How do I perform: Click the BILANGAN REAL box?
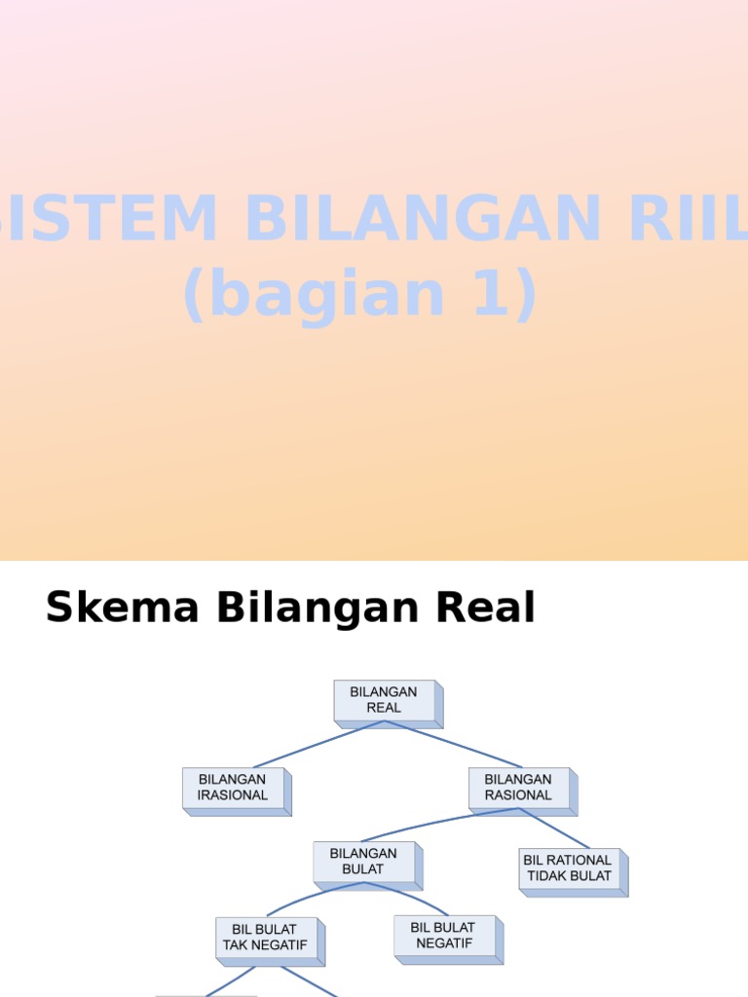tap(388, 704)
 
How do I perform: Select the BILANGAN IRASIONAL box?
tap(237, 792)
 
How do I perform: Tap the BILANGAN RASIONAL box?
tap(523, 792)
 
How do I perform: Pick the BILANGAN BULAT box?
tap(367, 866)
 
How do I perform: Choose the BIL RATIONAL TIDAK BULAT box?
tap(573, 872)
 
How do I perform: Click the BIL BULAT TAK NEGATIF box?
tap(271, 942)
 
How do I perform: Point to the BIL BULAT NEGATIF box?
tap(448, 940)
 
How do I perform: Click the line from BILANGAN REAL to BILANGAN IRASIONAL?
tap(318, 744)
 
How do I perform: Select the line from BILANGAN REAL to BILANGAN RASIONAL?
tap(453, 744)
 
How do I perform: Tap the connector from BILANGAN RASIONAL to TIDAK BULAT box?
tap(554, 828)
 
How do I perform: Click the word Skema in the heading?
tap(122, 607)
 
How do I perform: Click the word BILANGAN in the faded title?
tap(423, 218)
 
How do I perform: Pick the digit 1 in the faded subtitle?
tap(491, 293)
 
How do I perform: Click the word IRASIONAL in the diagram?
tap(232, 795)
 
